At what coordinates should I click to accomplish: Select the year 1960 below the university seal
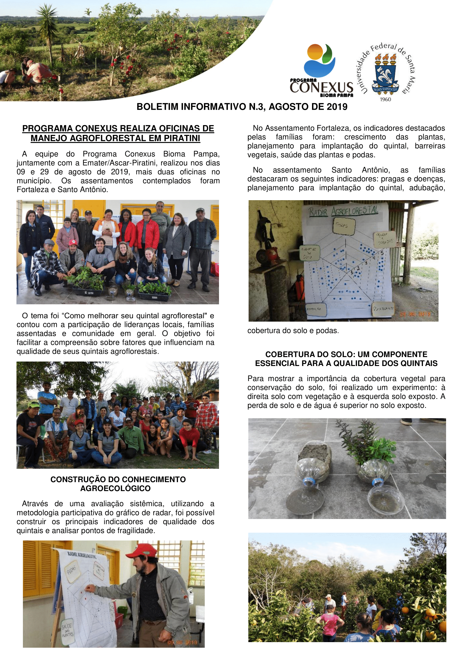point(385,99)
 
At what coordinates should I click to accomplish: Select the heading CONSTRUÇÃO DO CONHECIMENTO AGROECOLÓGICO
point(118,484)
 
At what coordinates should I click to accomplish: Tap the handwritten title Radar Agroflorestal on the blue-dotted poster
point(343,211)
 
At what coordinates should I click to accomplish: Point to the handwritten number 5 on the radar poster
point(382,253)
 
